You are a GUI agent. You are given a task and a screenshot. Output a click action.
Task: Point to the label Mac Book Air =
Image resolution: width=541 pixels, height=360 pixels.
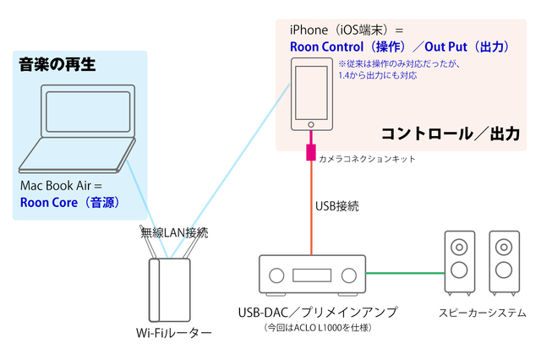61,184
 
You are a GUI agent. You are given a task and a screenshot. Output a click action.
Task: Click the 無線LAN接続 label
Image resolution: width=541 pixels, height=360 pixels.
174,232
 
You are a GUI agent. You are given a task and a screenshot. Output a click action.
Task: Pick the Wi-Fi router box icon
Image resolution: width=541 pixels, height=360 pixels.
171,288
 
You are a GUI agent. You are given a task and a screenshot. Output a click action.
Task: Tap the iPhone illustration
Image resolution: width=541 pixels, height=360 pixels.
313,93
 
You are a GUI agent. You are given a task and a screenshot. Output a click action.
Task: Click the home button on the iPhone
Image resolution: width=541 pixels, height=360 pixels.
313,122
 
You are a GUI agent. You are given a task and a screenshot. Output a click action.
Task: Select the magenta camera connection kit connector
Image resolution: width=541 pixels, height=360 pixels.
311,154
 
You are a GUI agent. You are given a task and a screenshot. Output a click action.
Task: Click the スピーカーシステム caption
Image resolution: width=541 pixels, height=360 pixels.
479,312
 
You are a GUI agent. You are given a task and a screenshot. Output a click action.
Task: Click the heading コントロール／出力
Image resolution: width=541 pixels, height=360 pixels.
450,134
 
